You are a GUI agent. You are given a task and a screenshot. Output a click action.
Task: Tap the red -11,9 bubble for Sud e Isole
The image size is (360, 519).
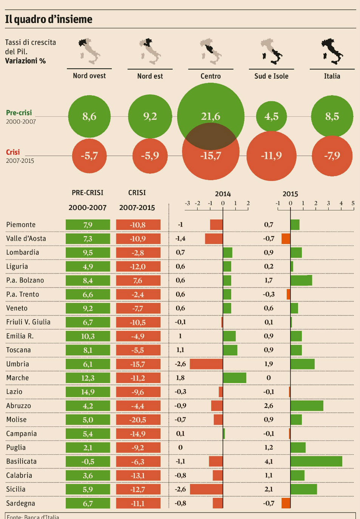[x=271, y=156]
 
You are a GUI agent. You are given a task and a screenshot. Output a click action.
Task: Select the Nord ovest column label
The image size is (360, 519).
[x=89, y=76]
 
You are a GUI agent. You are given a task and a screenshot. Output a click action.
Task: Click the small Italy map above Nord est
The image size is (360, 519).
[x=150, y=51]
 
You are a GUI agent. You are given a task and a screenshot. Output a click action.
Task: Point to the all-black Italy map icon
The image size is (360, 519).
[x=332, y=51]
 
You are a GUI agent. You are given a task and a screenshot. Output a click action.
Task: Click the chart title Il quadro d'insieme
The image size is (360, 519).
[x=49, y=19]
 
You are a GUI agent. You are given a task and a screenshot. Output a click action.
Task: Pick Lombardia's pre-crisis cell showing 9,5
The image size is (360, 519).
[x=88, y=253]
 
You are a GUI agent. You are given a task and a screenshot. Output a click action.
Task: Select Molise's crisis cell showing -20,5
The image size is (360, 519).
[x=138, y=420]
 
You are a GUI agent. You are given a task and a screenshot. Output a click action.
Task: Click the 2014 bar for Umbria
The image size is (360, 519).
[x=206, y=364]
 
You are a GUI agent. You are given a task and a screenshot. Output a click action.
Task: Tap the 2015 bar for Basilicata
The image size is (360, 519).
[x=316, y=461]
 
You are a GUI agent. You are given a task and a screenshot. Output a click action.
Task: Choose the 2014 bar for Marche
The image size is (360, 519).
[x=234, y=378]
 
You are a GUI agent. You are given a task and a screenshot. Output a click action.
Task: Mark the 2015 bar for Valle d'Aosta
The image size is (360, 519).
[x=286, y=239]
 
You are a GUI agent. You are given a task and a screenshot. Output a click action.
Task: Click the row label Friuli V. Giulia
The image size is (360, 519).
[x=28, y=322]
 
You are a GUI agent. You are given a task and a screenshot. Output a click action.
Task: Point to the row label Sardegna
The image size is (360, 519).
[x=21, y=503]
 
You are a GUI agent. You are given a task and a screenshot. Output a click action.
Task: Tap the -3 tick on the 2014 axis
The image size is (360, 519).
[x=187, y=203]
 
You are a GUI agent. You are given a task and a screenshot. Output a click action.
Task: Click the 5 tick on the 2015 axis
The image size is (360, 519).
[x=353, y=203]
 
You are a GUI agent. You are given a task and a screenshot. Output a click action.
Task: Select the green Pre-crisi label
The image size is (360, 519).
[x=19, y=113]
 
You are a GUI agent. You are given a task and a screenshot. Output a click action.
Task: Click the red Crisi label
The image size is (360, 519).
[x=13, y=152]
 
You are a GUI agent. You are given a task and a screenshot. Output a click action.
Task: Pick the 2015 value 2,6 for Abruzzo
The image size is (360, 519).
[x=269, y=406]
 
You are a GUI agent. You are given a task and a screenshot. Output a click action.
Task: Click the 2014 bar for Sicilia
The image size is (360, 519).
[x=206, y=489]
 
